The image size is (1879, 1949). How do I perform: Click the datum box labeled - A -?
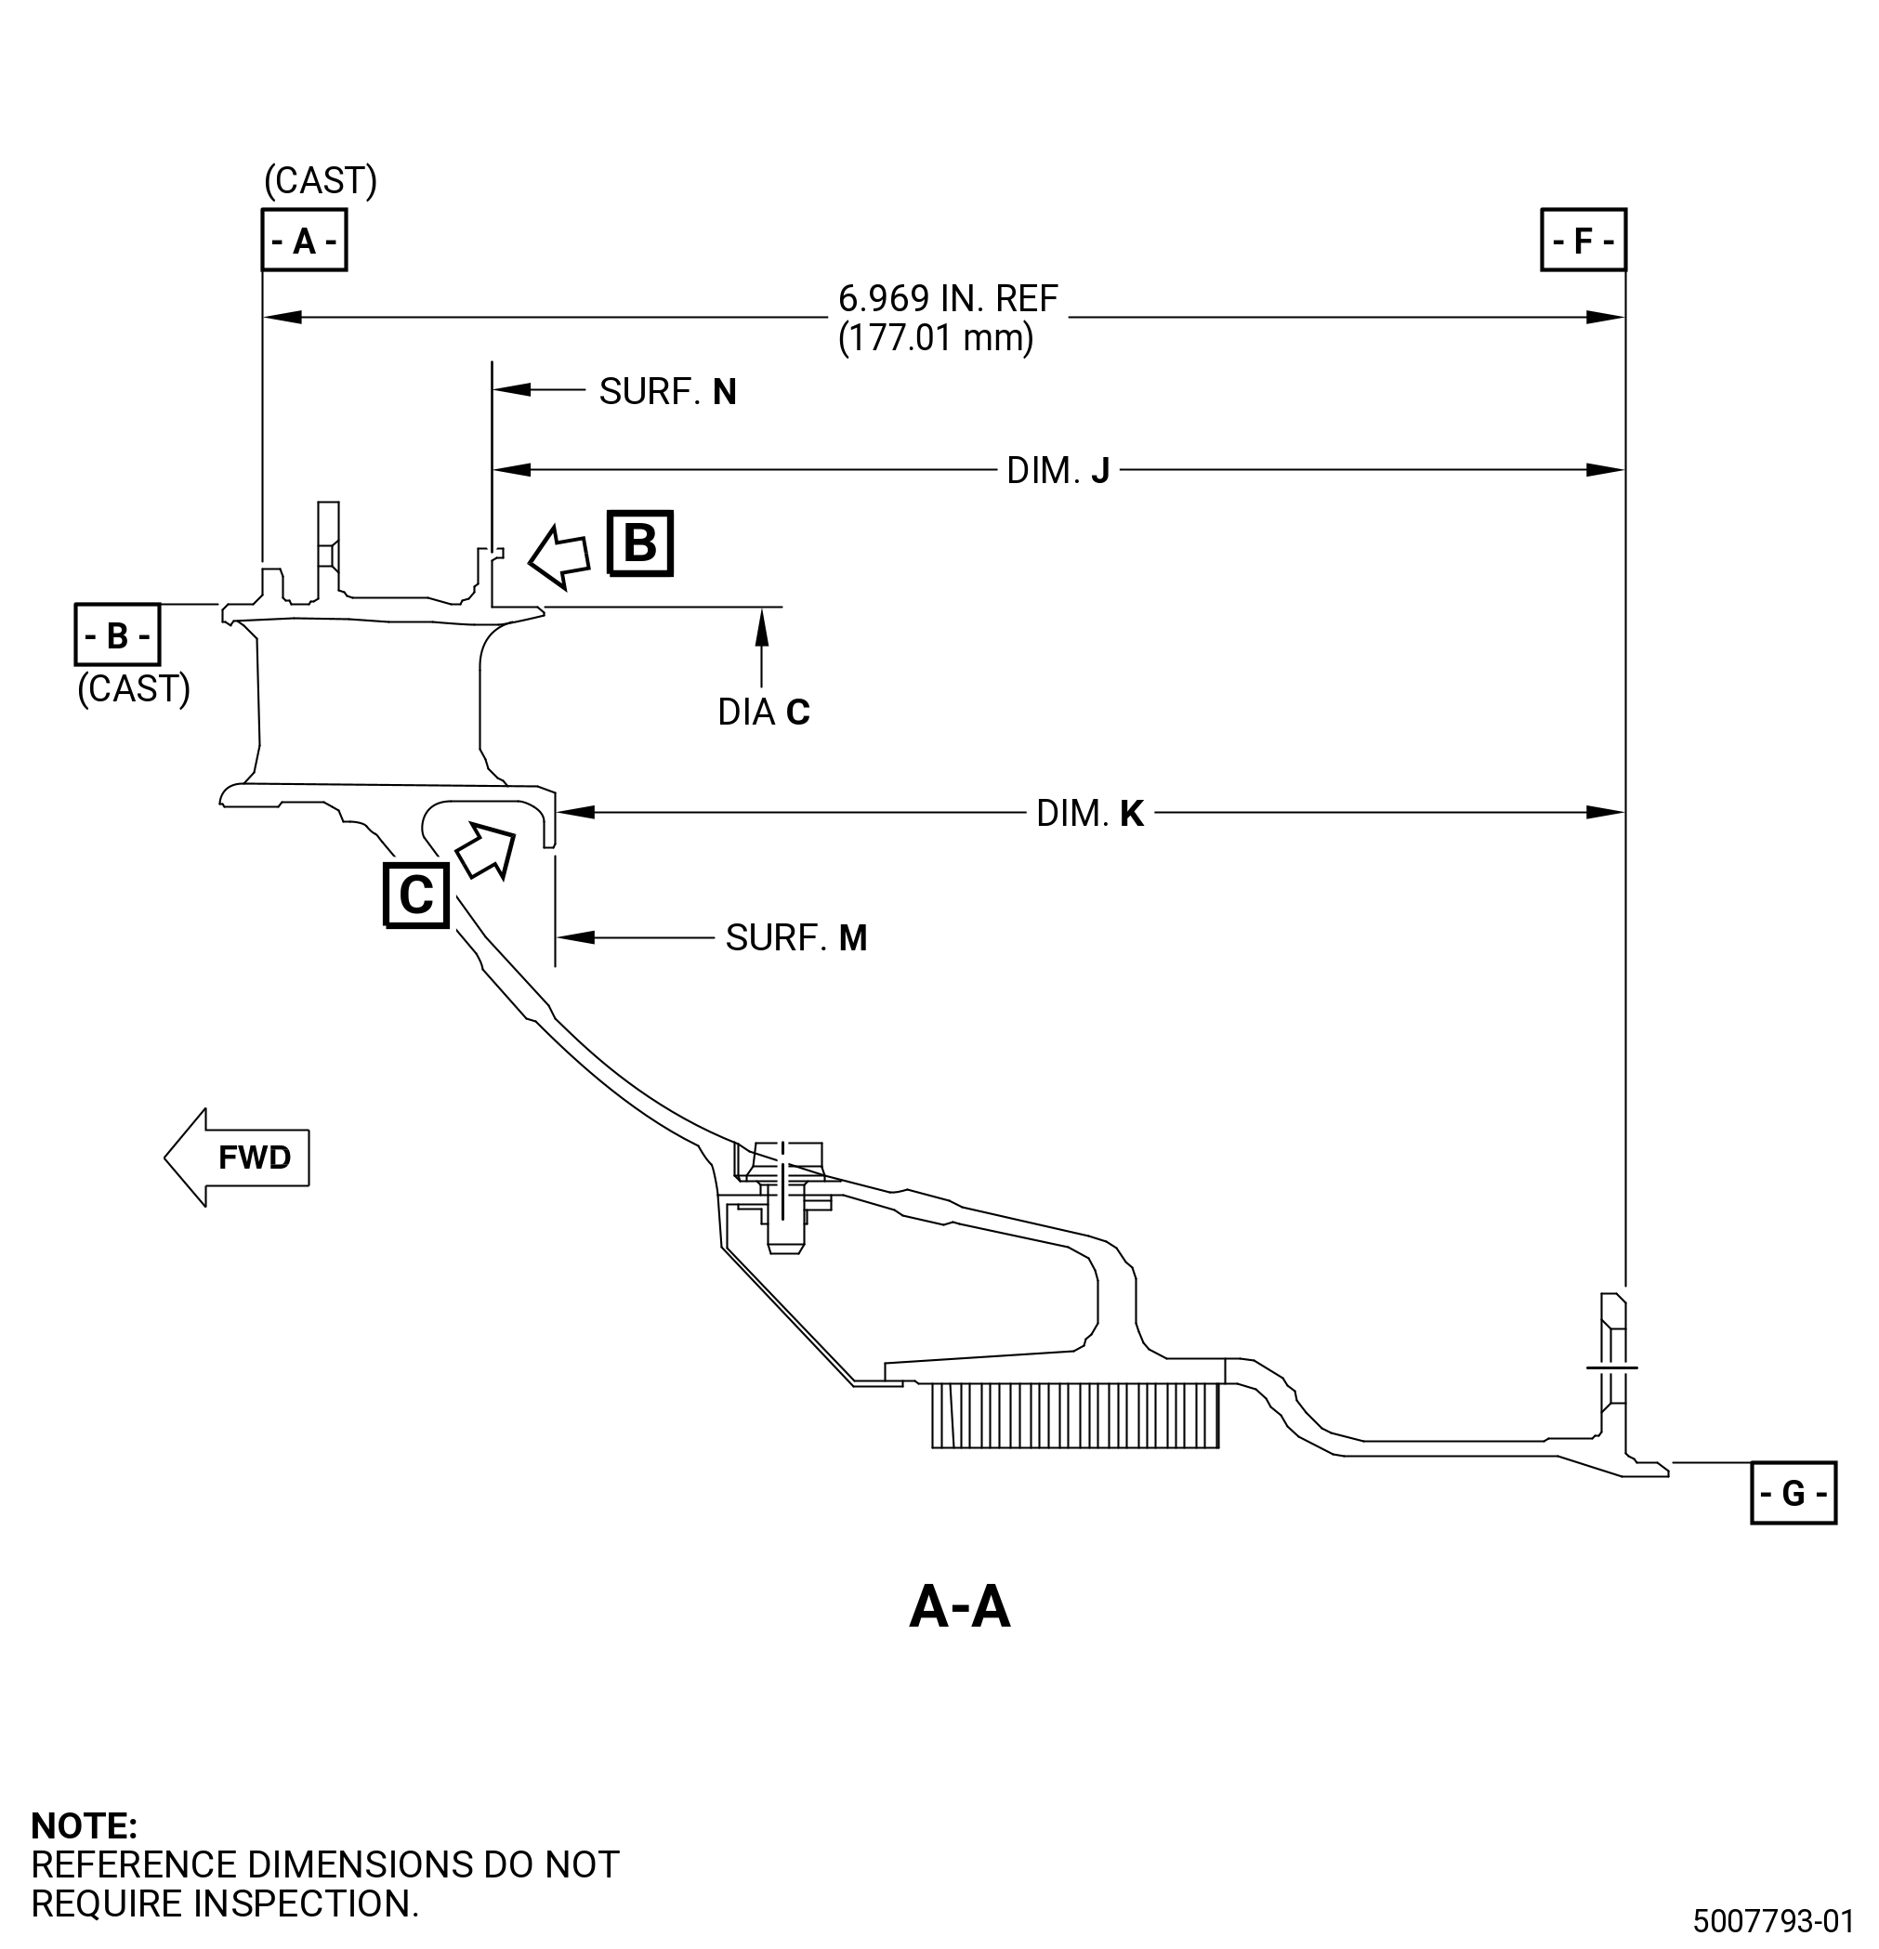(x=305, y=240)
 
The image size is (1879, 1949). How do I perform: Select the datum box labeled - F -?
(x=1583, y=240)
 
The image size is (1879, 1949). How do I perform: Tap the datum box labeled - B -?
(x=117, y=634)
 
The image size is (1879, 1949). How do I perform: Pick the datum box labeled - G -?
(x=1794, y=1493)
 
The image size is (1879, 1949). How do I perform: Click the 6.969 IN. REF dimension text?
(x=948, y=298)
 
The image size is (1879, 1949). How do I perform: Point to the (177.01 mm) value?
(x=936, y=338)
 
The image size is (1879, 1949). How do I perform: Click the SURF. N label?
(x=667, y=392)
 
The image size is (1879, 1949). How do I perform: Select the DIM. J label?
(x=1058, y=470)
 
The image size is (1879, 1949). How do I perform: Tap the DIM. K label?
(x=1089, y=814)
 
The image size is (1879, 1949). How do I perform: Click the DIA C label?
(x=764, y=712)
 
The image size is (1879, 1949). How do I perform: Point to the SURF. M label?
(x=796, y=937)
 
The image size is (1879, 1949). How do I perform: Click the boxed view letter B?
(x=640, y=543)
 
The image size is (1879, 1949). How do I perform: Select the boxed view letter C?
(x=415, y=895)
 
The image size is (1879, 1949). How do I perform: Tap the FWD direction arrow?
(x=237, y=1158)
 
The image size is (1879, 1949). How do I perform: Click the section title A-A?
(x=960, y=1607)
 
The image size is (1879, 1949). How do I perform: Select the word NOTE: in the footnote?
(x=85, y=1825)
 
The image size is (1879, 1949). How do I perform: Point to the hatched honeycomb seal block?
(x=1075, y=1415)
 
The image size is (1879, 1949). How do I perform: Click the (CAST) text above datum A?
(x=321, y=181)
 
